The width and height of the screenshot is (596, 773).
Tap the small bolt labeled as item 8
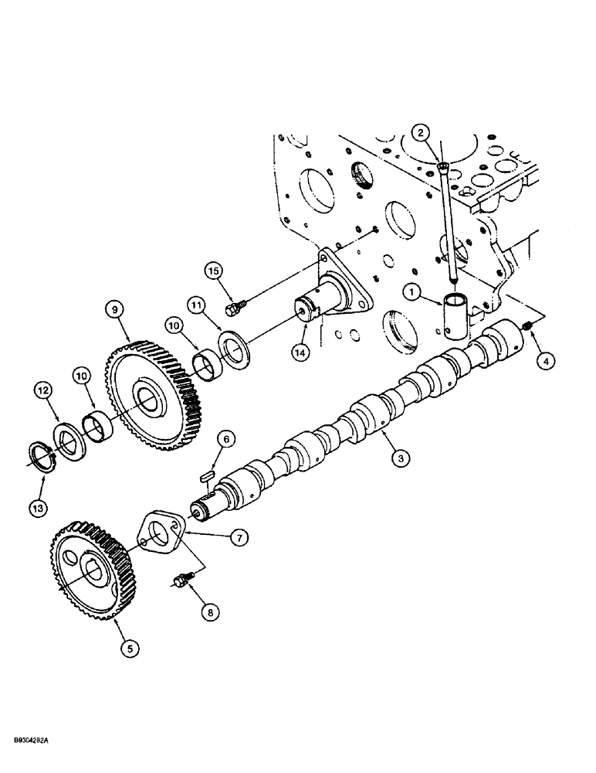click(181, 580)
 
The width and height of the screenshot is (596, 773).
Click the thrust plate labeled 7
click(161, 535)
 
